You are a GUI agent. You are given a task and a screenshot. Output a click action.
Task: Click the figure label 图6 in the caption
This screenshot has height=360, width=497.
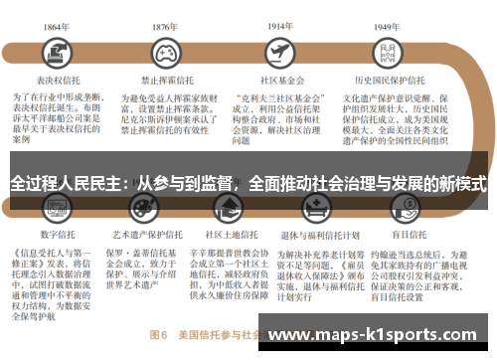(x=156, y=331)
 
